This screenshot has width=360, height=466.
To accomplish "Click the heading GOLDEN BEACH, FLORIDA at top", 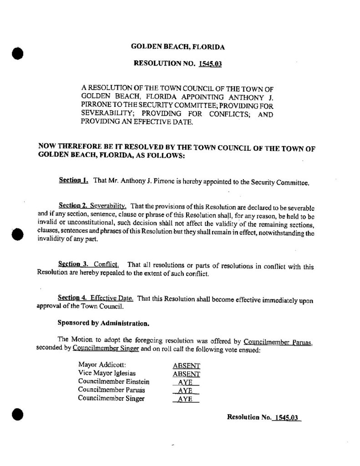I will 177,47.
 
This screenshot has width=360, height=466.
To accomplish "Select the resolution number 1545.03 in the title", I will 210,64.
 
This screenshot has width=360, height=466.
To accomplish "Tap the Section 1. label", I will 73,181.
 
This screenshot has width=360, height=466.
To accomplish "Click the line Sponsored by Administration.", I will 103,324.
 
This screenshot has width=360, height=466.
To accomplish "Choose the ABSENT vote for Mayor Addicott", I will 187,365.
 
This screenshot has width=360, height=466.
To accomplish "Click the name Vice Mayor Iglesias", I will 101,373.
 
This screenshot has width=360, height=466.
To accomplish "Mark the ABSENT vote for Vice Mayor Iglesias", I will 187,374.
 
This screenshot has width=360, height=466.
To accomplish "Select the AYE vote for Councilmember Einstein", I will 186,382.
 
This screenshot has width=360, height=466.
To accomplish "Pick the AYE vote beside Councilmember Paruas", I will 186,391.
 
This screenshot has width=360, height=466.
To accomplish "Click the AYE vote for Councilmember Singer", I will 186,399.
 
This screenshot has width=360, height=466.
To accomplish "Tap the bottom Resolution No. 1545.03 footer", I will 264,417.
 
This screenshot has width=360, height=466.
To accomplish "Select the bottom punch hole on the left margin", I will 17,415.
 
